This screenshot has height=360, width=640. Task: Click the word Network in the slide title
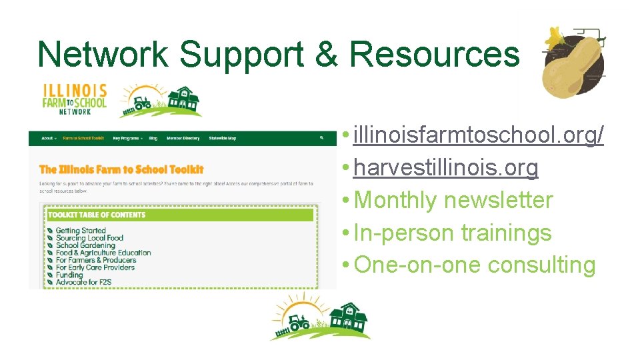[x=103, y=53]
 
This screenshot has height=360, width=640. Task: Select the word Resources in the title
[x=434, y=53]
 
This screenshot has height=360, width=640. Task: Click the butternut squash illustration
[x=573, y=65]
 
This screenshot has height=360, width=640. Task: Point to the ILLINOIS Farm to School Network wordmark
[x=75, y=99]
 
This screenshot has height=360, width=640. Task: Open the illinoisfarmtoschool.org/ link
[x=479, y=135]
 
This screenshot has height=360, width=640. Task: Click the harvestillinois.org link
[x=445, y=167]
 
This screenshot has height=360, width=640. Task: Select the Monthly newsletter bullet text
[x=453, y=200]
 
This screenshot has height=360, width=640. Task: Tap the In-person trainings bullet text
[x=453, y=233]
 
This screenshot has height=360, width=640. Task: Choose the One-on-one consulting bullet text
[x=475, y=265]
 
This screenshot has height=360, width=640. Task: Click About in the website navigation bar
[x=47, y=138]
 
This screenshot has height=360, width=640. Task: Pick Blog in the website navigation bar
[x=153, y=138]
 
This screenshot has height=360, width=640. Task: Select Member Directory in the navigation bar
[x=183, y=138]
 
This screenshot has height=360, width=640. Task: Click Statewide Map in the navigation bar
[x=222, y=138]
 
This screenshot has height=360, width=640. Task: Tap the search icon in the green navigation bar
[x=321, y=138]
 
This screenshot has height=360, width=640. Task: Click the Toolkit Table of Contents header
[x=97, y=215]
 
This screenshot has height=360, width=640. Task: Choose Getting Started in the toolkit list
[x=81, y=231]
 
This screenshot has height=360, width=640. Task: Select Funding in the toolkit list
[x=69, y=275]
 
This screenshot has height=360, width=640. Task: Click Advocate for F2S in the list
[x=83, y=282]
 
